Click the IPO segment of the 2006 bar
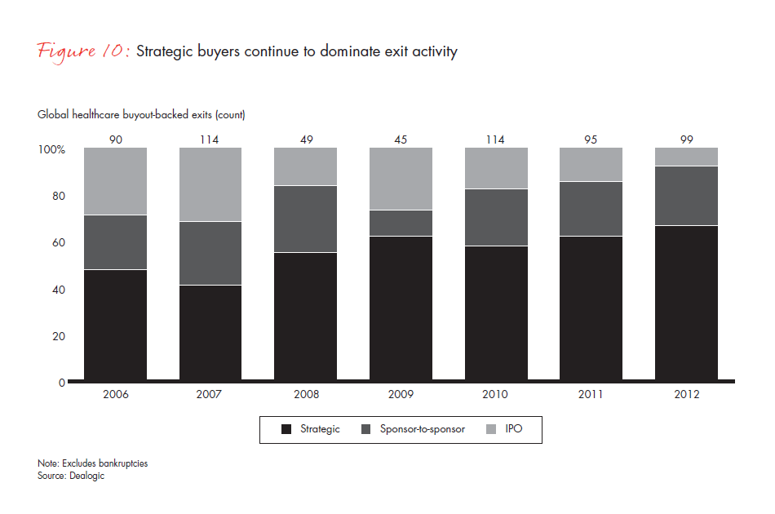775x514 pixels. pyautogui.click(x=115, y=181)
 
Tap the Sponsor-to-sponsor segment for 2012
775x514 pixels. pyautogui.click(x=686, y=196)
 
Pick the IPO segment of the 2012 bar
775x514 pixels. pyautogui.click(x=686, y=157)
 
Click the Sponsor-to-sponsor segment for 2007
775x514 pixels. pyautogui.click(x=210, y=253)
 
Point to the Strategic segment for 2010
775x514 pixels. pyautogui.click(x=495, y=314)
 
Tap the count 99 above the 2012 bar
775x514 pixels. pyautogui.click(x=686, y=140)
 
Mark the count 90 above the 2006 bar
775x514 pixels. pyautogui.click(x=115, y=140)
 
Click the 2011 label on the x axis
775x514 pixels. pyautogui.click(x=591, y=394)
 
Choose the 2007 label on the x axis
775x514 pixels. pyautogui.click(x=210, y=394)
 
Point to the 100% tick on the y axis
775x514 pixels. pyautogui.click(x=51, y=149)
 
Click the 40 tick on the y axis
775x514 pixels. pyautogui.click(x=58, y=290)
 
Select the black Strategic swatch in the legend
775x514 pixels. pyautogui.click(x=285, y=429)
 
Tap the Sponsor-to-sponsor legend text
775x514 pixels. pyautogui.click(x=423, y=429)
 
